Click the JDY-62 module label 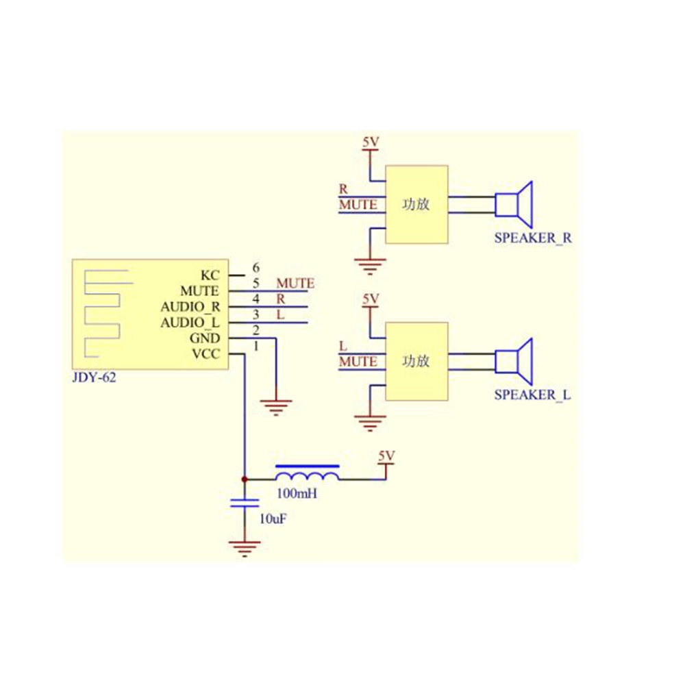(x=95, y=377)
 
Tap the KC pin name (x=211, y=275)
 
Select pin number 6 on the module (x=256, y=268)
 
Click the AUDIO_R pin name (x=190, y=307)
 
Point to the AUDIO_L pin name (x=190, y=323)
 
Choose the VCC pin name (x=206, y=354)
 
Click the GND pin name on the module (x=206, y=338)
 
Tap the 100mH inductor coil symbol (x=307, y=475)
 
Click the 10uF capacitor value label (x=273, y=520)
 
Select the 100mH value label (x=297, y=493)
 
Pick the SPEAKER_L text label (x=532, y=395)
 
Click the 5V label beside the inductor (x=386, y=456)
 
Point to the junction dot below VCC (x=245, y=479)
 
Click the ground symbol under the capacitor (x=245, y=548)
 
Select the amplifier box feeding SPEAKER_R (x=416, y=204)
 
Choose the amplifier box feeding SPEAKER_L (x=416, y=362)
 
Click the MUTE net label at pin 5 (x=295, y=283)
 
